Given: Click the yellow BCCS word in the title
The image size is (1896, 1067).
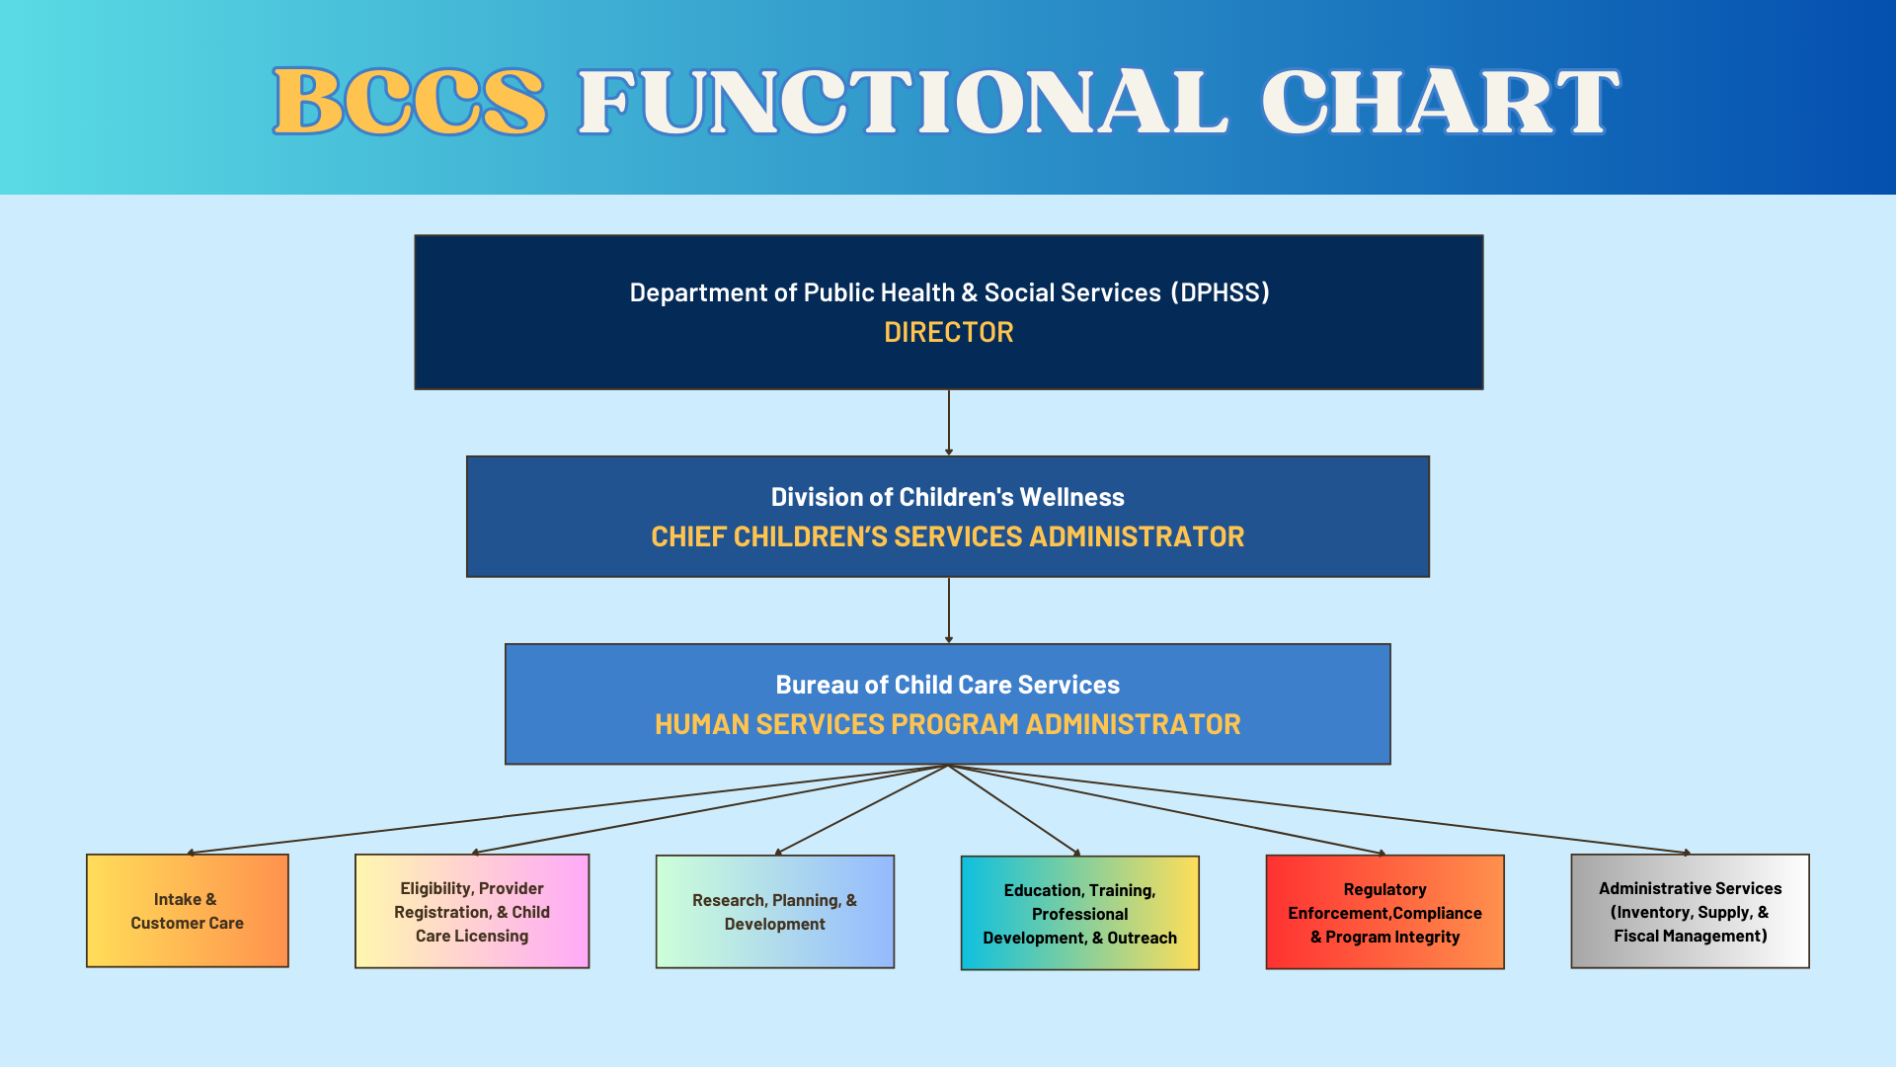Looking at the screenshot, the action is click(410, 101).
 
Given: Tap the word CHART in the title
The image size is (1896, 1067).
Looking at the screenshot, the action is click(1441, 101).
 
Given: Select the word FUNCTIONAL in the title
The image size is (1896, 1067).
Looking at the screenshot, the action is click(904, 101).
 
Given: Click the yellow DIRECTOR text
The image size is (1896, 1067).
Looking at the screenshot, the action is click(949, 332).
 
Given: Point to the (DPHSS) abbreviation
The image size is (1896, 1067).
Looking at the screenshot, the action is click(1221, 292).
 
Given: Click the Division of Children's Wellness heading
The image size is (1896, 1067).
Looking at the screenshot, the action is click(948, 497).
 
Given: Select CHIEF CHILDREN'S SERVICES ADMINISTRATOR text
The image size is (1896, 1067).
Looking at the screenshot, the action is click(948, 536).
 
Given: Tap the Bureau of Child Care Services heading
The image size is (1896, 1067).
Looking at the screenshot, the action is click(948, 685).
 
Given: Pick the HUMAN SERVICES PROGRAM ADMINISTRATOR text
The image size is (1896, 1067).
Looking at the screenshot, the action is click(948, 724).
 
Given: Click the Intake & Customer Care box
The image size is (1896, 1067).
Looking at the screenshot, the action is click(188, 911).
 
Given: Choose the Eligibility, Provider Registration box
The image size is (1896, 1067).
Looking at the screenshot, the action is click(472, 911).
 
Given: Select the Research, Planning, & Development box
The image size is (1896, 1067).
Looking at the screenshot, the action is click(775, 912).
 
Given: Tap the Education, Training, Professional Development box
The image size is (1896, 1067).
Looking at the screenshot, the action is click(1080, 913).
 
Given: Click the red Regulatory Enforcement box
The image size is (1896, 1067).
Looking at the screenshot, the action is click(1385, 912).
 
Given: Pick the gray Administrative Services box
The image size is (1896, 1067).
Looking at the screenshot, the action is click(1691, 911).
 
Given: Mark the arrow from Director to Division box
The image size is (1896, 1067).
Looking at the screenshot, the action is click(949, 423).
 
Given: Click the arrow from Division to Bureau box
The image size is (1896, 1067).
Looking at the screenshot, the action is click(949, 611).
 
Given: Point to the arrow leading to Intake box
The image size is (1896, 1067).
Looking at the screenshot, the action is click(568, 809).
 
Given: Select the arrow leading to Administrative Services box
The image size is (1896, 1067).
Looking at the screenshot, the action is click(1319, 809).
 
